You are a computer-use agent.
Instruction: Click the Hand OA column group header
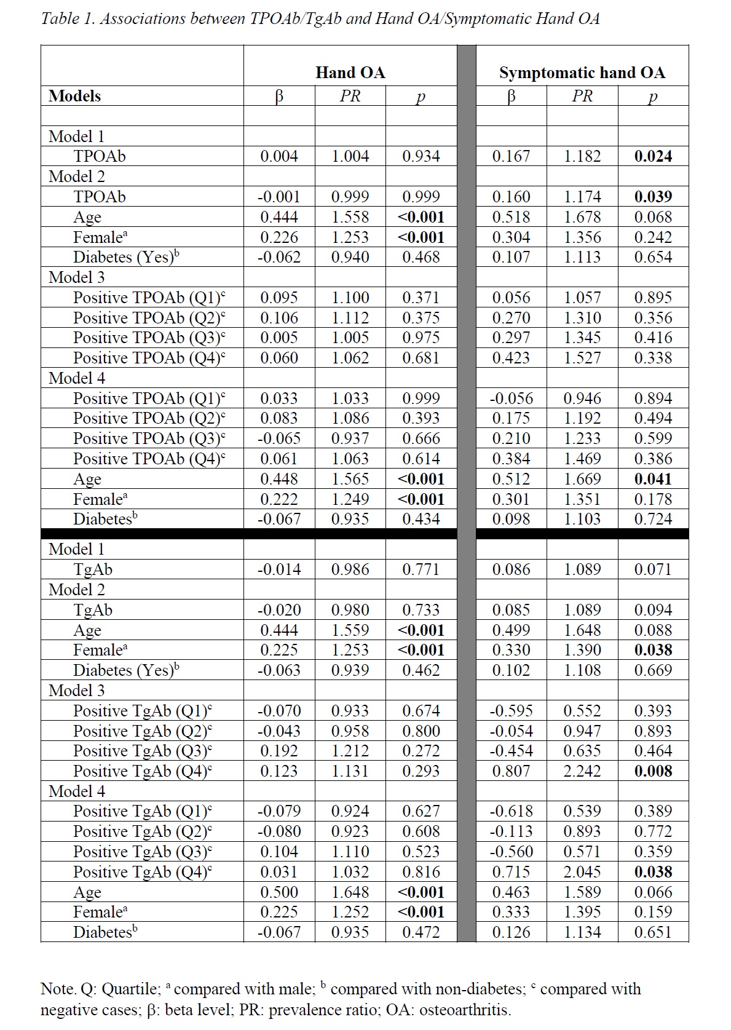(x=350, y=73)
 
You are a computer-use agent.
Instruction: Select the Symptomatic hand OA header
(x=582, y=73)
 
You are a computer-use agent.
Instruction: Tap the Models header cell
(x=74, y=96)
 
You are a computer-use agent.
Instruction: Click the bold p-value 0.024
(x=653, y=156)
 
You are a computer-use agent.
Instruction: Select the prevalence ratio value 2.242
(x=582, y=771)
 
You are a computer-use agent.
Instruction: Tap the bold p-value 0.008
(x=653, y=771)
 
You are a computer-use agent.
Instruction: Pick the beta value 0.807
(x=511, y=771)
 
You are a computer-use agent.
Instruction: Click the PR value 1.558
(x=350, y=217)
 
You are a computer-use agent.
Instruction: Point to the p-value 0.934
(x=421, y=156)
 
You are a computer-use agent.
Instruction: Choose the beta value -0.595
(x=511, y=711)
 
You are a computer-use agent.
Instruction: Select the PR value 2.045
(x=582, y=872)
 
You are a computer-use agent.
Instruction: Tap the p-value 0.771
(x=421, y=569)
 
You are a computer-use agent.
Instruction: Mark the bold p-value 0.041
(x=653, y=479)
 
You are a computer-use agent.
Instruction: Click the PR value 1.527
(x=582, y=358)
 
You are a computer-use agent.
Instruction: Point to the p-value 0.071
(x=653, y=569)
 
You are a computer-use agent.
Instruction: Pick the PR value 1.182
(x=582, y=156)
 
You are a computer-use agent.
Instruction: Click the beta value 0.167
(x=511, y=156)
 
